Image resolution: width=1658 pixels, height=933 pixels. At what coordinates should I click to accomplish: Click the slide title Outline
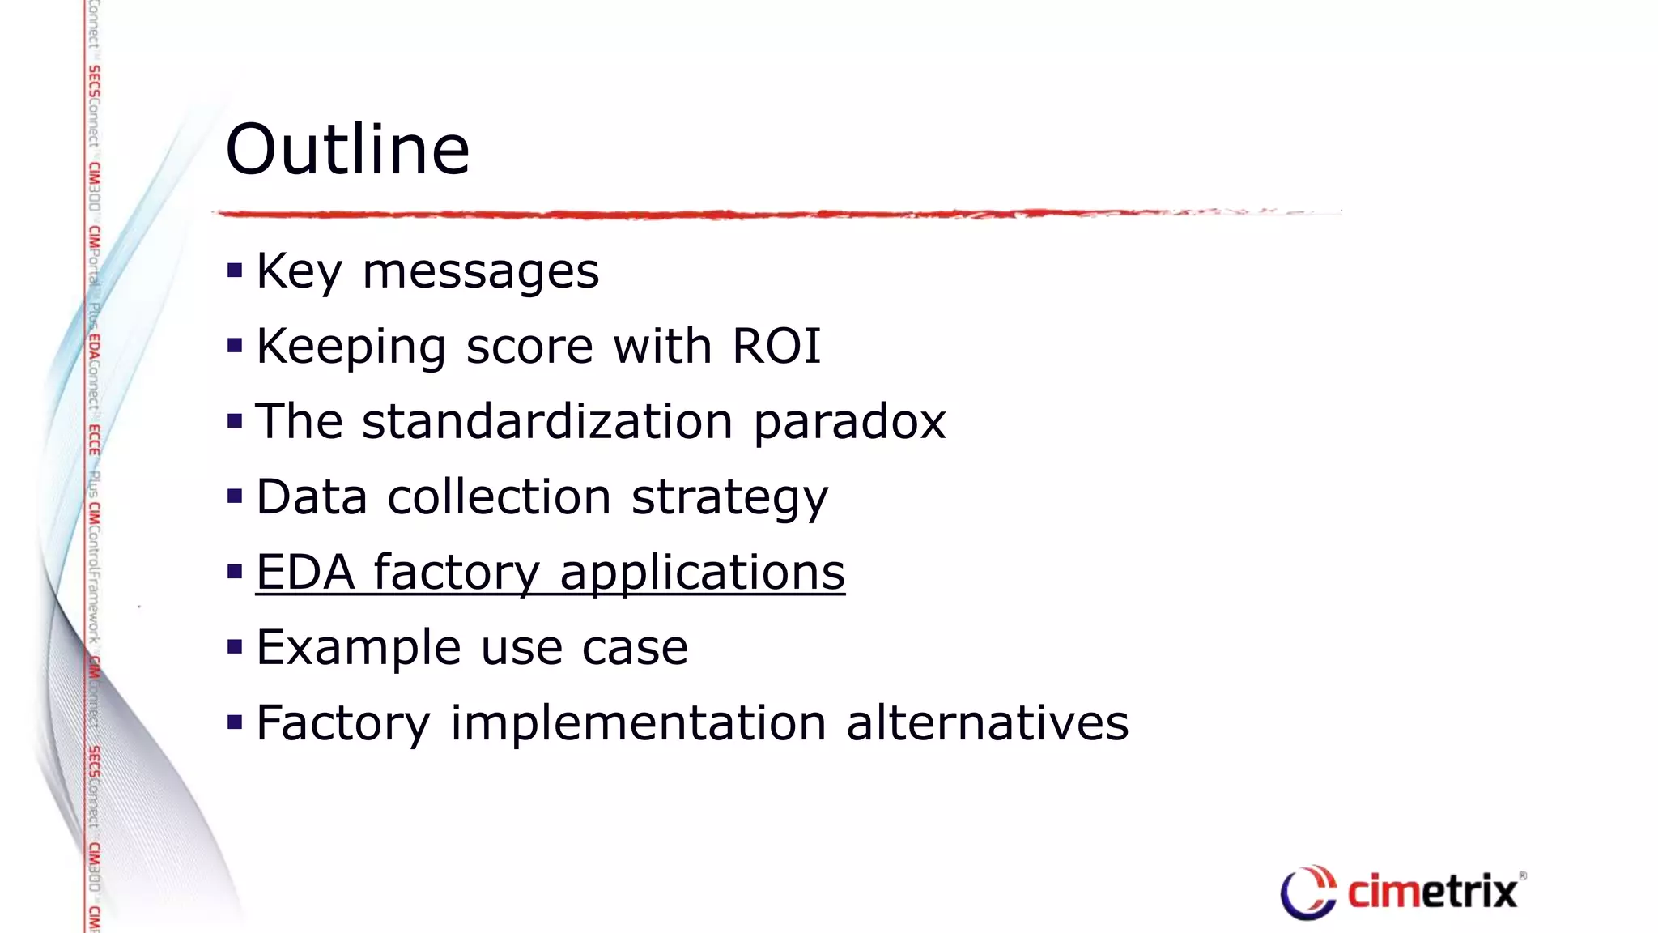click(x=347, y=149)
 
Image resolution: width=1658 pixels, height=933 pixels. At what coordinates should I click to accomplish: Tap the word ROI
click(x=776, y=347)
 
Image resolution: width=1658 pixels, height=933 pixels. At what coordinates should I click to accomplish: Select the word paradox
click(x=849, y=422)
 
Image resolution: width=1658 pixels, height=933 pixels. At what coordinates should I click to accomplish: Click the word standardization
click(x=547, y=422)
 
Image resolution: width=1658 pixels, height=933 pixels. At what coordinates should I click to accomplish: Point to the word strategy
click(x=729, y=498)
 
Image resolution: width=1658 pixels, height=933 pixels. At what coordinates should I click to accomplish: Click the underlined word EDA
click(x=305, y=572)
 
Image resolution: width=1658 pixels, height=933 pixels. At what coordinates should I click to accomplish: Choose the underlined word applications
click(x=702, y=573)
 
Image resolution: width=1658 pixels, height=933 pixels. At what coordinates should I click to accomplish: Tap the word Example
click(x=359, y=648)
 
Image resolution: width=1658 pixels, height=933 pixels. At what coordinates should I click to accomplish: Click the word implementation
click(x=638, y=723)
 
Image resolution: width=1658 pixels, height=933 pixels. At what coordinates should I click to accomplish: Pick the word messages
click(x=480, y=271)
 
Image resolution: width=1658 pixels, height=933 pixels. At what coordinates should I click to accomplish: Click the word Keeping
click(x=351, y=347)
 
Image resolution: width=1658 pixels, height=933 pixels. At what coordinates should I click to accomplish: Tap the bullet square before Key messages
click(x=236, y=271)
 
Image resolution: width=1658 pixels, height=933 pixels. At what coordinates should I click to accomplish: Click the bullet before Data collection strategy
click(x=236, y=496)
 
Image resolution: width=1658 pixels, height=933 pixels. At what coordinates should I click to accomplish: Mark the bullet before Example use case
click(x=236, y=647)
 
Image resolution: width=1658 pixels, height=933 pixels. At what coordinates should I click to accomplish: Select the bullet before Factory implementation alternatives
click(x=236, y=722)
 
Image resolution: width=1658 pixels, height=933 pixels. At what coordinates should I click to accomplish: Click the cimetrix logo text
click(x=1431, y=893)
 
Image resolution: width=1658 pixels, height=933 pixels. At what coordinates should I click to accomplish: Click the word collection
click(x=499, y=496)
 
